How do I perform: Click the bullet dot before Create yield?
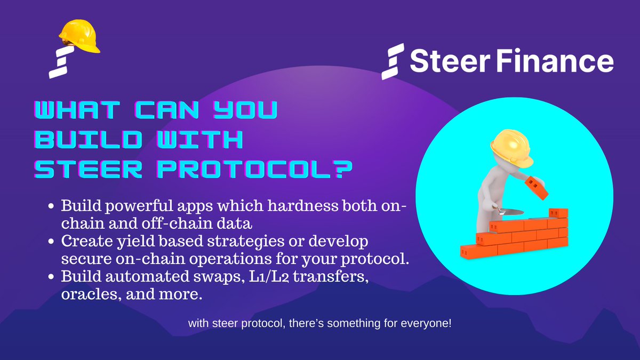[x=52, y=242]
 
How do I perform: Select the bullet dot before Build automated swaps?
[x=52, y=277]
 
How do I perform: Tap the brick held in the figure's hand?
[x=535, y=187]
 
